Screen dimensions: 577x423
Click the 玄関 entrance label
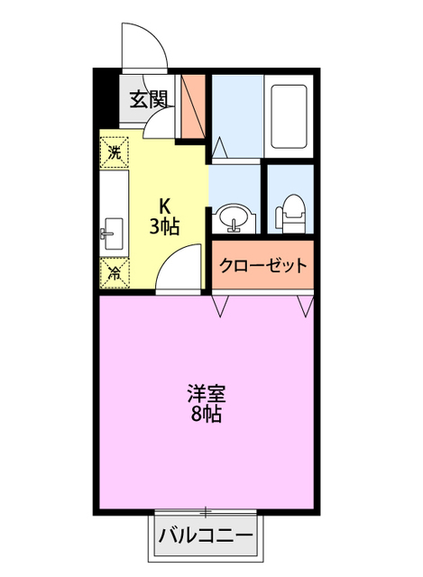(148, 100)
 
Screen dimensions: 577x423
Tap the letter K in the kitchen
(165, 205)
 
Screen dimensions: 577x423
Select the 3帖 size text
(164, 225)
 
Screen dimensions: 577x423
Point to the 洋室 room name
(206, 394)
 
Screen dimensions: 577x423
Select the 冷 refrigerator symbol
(115, 270)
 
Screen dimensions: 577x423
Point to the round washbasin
(234, 218)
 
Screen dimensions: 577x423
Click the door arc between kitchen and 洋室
(180, 269)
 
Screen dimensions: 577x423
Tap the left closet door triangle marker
(220, 307)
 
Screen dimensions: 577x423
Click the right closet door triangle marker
(304, 307)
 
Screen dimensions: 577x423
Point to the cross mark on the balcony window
(207, 511)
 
